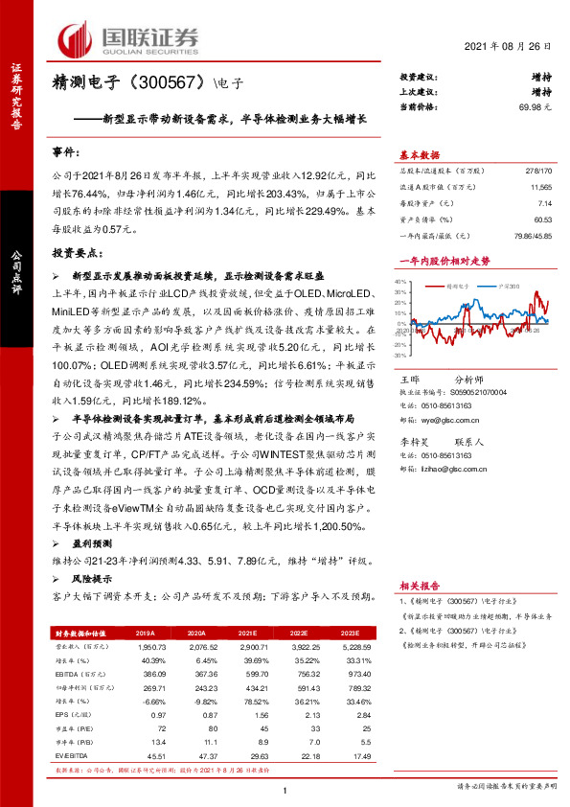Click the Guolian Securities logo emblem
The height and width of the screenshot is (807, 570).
(74, 38)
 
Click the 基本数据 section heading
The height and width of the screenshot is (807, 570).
(420, 155)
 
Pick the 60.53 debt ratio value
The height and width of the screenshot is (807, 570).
(543, 219)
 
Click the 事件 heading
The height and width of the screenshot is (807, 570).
(67, 153)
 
